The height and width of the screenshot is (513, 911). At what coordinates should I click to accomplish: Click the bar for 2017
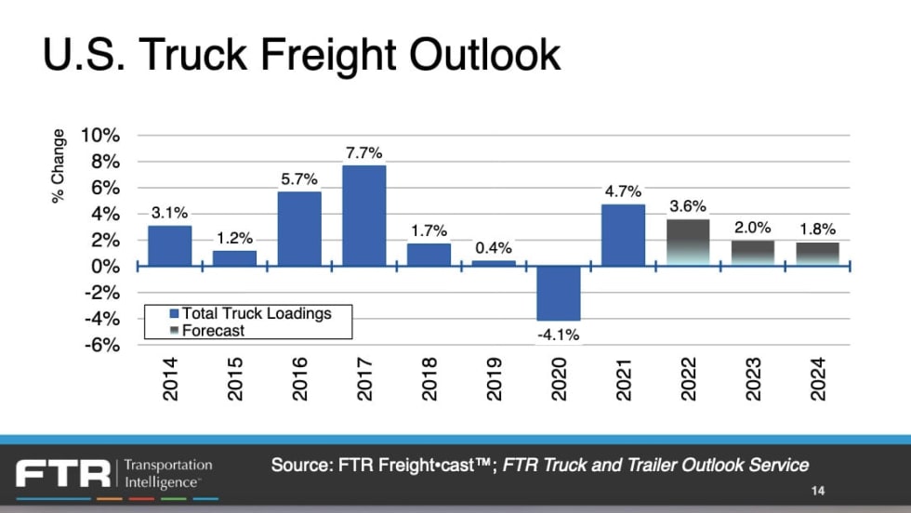(363, 216)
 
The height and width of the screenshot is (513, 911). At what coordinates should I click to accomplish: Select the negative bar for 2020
(558, 293)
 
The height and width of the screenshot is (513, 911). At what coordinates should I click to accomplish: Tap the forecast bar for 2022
(688, 242)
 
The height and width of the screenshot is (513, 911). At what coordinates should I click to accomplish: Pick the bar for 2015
(234, 258)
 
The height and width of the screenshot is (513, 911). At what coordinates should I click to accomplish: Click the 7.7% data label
(363, 153)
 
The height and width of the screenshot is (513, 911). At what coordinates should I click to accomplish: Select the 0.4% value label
(493, 249)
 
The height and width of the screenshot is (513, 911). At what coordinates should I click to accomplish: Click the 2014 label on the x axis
(170, 379)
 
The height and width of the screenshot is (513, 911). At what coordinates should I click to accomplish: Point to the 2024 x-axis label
(817, 379)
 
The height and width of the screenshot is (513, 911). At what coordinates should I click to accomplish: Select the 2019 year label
(494, 379)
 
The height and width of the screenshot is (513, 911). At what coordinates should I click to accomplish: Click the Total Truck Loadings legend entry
(256, 313)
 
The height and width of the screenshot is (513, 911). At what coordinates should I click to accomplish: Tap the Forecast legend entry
(213, 330)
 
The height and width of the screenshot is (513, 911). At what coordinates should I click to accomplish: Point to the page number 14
(817, 491)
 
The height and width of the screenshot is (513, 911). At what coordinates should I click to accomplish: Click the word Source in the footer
(298, 465)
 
